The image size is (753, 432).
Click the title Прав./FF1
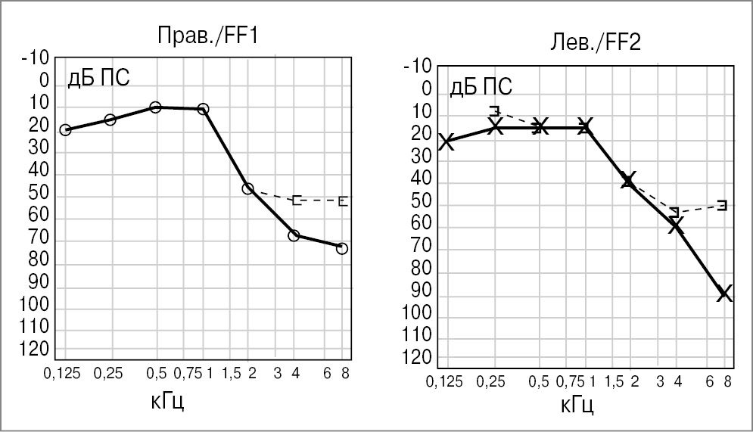pyautogui.click(x=207, y=36)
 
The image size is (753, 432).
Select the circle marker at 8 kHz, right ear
pyautogui.click(x=342, y=248)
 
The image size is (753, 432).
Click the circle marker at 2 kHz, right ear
pyautogui.click(x=247, y=188)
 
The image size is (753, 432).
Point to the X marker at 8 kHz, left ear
pyautogui.click(x=724, y=294)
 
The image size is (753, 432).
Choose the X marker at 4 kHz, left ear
pyautogui.click(x=676, y=225)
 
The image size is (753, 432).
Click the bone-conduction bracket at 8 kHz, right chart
pyautogui.click(x=343, y=201)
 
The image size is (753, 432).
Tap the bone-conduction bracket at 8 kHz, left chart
pyautogui.click(x=722, y=205)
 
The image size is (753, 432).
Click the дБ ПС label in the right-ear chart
pyautogui.click(x=98, y=78)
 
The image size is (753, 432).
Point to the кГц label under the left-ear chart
pyautogui.click(x=577, y=406)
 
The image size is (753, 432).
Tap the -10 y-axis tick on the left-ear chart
pyautogui.click(x=418, y=67)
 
